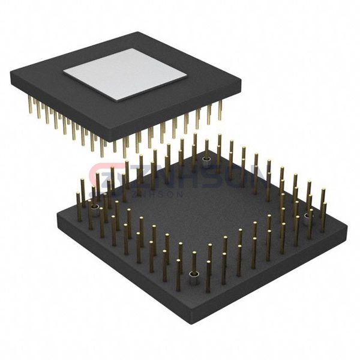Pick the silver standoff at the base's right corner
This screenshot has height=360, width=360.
(x=309, y=216)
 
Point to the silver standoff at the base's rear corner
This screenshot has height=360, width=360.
(x=206, y=160)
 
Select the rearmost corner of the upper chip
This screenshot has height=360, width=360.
(x=139, y=32)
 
